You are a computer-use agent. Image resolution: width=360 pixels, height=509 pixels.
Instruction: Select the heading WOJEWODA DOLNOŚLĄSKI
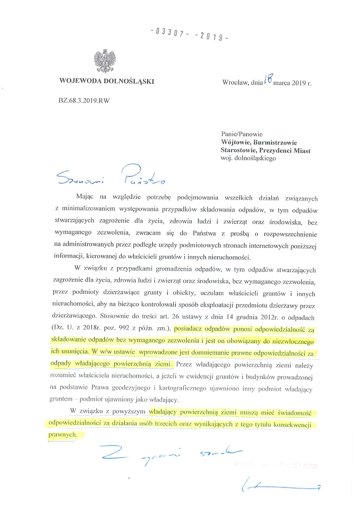(x=106, y=82)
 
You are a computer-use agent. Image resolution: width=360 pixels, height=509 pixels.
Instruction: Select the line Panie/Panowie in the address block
(x=242, y=134)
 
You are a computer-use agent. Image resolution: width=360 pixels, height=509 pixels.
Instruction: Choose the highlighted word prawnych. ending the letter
(x=61, y=435)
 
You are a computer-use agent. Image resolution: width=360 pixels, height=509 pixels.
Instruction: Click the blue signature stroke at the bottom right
(x=279, y=486)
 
